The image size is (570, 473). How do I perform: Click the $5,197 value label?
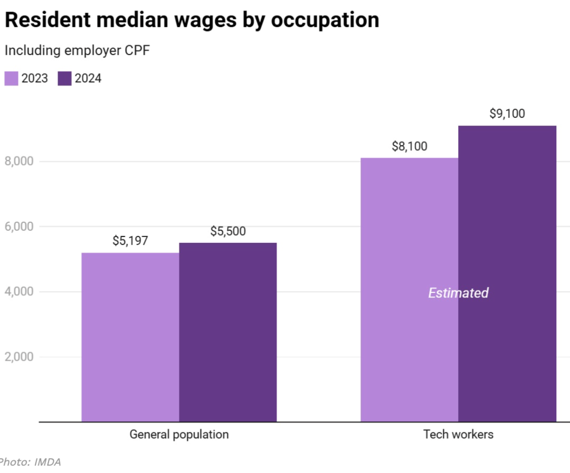130,241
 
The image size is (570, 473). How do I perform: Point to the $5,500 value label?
228,231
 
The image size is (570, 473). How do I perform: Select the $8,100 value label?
410,146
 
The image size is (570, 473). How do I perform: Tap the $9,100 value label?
507,114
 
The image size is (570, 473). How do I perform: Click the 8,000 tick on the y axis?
19,162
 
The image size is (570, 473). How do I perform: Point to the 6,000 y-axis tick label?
19,226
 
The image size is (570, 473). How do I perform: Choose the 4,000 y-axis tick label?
19,291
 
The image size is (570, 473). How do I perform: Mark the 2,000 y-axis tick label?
19,357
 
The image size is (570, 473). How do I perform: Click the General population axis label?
179,435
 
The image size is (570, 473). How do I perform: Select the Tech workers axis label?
458,435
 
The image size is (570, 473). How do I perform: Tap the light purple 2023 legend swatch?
12,79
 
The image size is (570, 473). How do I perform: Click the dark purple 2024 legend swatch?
64,79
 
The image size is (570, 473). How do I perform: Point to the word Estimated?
458,293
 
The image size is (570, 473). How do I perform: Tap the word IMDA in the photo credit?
48,462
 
